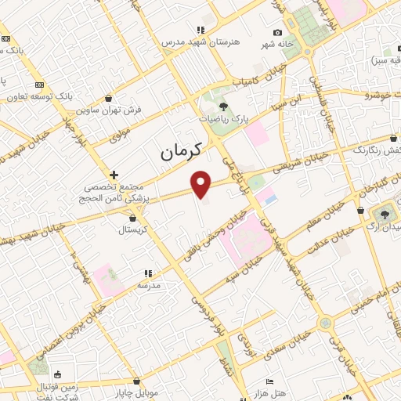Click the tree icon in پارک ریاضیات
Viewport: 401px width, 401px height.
tap(224, 106)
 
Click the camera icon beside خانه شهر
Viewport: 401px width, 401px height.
tap(277, 32)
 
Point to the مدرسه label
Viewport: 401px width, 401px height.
tap(149, 286)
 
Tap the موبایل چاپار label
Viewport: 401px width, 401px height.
tap(141, 391)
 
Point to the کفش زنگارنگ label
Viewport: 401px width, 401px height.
tap(377, 150)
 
